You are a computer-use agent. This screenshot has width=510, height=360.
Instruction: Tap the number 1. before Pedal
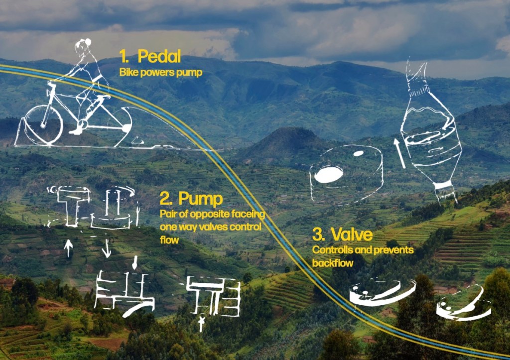pos(125,56)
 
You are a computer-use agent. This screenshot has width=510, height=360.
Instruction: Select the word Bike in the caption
pos(128,72)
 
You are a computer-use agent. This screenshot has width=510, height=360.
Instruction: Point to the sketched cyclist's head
pos(81,47)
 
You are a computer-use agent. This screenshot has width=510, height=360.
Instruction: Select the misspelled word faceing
pos(247,214)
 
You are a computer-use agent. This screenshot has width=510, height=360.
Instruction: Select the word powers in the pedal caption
pos(155,72)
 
